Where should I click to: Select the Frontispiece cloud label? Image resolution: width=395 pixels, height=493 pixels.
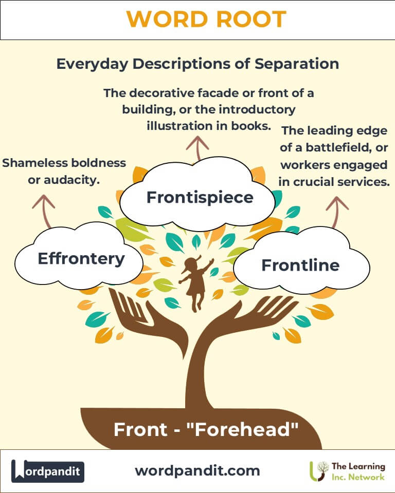[x=200, y=197]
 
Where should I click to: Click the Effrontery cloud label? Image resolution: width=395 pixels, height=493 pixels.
[x=81, y=258]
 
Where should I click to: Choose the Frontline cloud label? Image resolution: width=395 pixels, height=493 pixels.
[x=300, y=265]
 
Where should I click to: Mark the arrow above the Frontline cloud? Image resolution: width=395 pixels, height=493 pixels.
[x=337, y=211]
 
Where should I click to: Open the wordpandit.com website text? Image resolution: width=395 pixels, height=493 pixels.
[x=197, y=470]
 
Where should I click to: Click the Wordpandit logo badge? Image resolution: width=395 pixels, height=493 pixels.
[x=48, y=471]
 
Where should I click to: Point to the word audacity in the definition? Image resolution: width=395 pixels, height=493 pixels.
[x=76, y=181]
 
